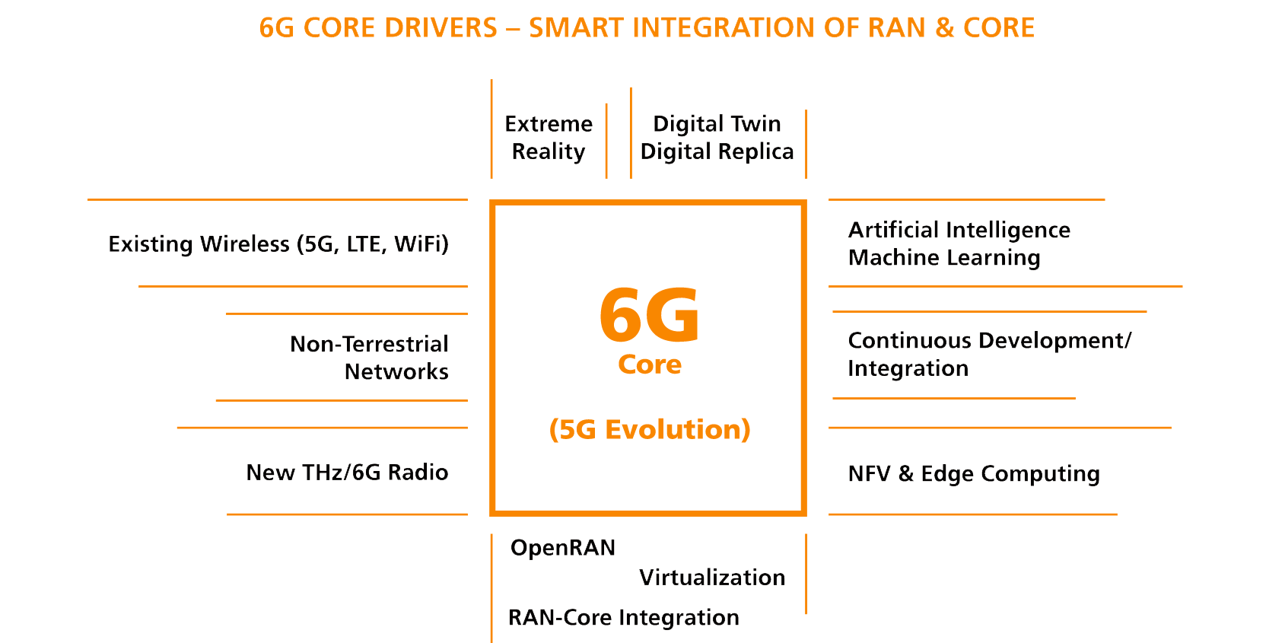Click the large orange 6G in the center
(x=649, y=315)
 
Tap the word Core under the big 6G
(x=650, y=364)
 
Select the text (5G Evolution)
(x=650, y=430)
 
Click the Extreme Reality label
(x=549, y=138)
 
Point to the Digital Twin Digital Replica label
(x=717, y=138)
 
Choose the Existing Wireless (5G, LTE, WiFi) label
(x=278, y=244)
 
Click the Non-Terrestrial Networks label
(x=370, y=358)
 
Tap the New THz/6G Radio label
(x=347, y=473)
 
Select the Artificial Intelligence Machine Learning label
(x=959, y=244)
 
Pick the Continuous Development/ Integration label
(x=989, y=355)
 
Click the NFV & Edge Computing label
(x=974, y=474)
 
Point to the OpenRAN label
(x=563, y=548)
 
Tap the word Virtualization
(x=712, y=578)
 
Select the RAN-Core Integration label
(x=624, y=617)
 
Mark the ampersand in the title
(x=945, y=28)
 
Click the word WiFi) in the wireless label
(x=421, y=244)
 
